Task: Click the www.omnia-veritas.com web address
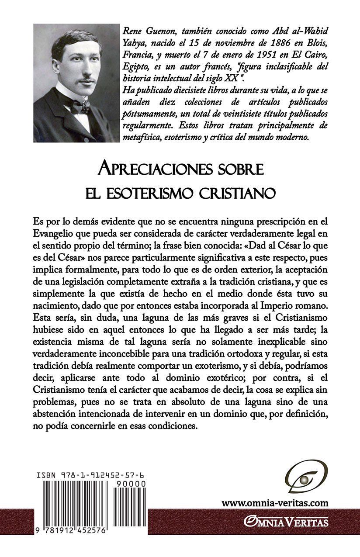coord(275,503)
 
